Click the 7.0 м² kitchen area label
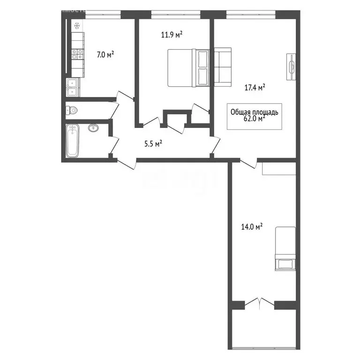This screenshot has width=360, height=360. (105, 55)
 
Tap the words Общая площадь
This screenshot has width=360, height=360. (255, 112)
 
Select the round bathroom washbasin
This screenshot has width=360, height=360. (94, 127)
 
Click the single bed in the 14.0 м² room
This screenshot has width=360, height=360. (285, 248)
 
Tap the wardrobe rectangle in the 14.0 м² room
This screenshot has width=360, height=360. (278, 168)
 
